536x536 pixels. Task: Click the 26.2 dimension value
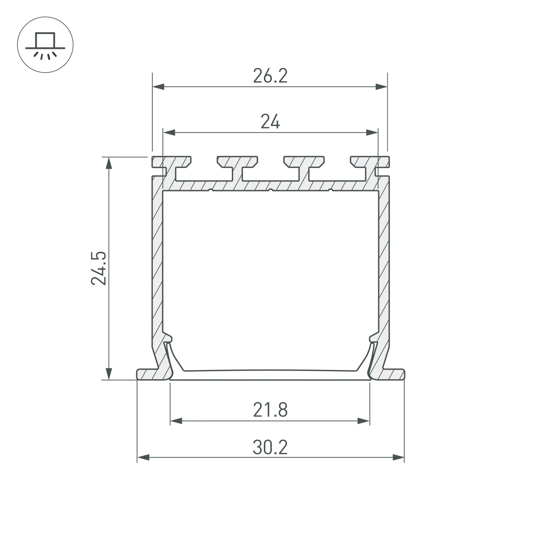pyautogui.click(x=270, y=76)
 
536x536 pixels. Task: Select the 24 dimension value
pyautogui.click(x=270, y=121)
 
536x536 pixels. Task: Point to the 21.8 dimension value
pyautogui.click(x=270, y=410)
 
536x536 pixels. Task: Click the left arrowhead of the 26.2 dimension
pyautogui.click(x=158, y=87)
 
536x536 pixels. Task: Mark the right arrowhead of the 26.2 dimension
pyautogui.click(x=381, y=87)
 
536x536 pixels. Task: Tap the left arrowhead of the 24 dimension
pyautogui.click(x=169, y=133)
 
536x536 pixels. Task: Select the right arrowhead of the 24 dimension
pyautogui.click(x=372, y=133)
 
